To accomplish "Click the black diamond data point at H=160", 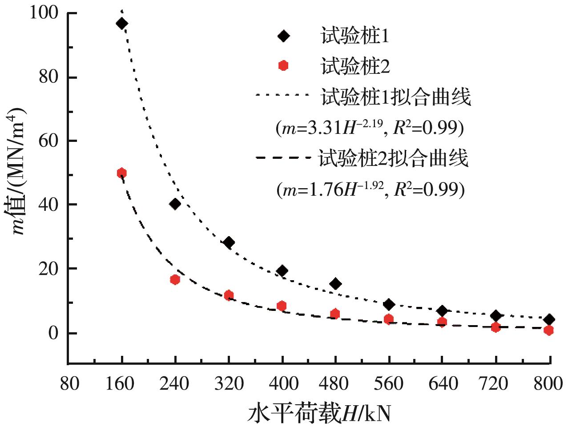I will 121,24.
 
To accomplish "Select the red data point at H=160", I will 121,173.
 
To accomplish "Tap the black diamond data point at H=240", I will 175,204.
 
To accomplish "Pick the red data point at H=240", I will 175,279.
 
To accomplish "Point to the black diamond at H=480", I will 336,284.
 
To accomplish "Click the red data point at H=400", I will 282,306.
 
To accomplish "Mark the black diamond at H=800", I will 549,319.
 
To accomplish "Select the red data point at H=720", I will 495,327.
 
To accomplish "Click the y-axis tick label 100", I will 44,13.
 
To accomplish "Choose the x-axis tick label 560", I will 389,383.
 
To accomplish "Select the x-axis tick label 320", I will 229,383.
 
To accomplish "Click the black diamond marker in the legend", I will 283,36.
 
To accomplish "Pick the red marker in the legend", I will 283,66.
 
